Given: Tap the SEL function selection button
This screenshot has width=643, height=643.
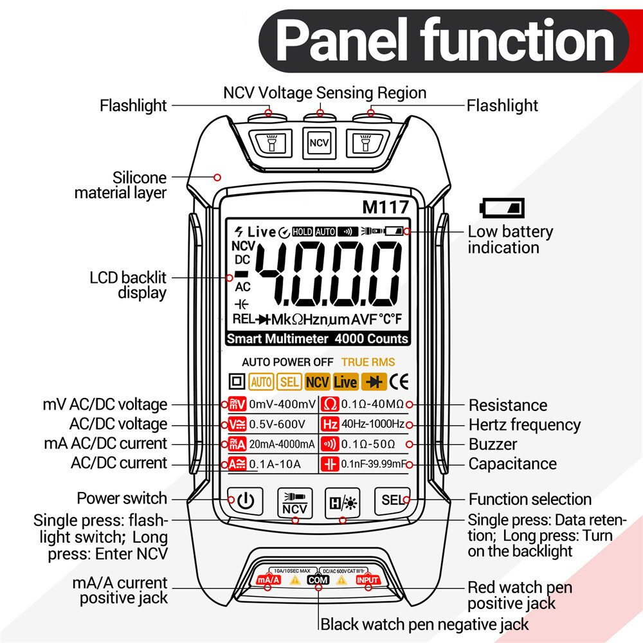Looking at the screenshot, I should click(392, 500).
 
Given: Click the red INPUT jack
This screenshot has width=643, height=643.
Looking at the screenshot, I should click(368, 580).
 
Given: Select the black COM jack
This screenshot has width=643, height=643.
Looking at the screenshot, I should click(318, 580).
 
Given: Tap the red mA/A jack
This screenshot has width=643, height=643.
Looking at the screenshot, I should click(269, 580).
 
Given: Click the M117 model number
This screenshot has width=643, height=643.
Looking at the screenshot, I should click(385, 208).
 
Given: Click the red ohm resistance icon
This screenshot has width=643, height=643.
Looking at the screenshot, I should click(330, 404).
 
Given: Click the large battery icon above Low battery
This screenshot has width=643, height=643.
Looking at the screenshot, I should click(503, 208).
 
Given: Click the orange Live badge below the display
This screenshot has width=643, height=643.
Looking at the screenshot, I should click(345, 382).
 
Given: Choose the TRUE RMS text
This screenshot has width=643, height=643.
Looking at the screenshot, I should click(368, 362).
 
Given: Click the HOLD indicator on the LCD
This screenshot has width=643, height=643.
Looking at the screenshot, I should click(302, 231).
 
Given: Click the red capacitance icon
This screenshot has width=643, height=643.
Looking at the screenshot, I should click(330, 464).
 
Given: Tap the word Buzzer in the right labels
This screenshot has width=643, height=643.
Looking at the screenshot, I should click(493, 444).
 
